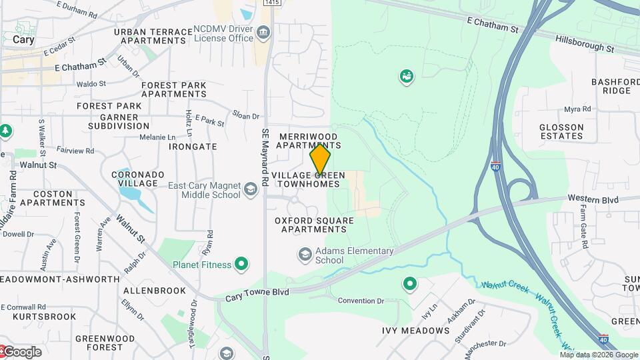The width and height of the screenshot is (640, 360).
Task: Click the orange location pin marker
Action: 321,159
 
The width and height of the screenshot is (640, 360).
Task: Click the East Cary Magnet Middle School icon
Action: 251,190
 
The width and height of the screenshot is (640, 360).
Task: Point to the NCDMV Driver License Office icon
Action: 263,33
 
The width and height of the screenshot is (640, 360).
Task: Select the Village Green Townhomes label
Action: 308,179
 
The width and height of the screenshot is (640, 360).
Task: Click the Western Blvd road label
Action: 593,199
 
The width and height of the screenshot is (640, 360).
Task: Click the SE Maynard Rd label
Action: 265,157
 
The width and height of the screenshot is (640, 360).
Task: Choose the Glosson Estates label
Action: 561,131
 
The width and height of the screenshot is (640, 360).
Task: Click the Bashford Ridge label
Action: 611,86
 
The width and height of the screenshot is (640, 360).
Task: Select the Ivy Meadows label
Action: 416,331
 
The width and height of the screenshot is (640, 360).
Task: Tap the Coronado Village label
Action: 138,179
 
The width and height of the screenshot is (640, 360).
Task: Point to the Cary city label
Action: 23,39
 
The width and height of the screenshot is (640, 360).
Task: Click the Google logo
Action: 22,352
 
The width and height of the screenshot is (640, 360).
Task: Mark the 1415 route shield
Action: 271,3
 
